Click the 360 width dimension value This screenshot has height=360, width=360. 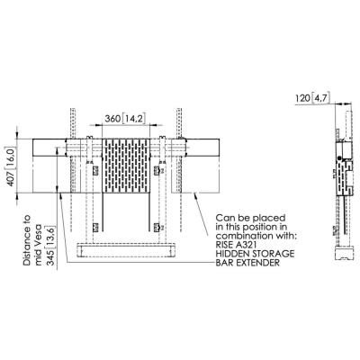pos(112,119)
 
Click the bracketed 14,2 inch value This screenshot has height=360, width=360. pos(134,119)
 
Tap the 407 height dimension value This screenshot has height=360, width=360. pos(11,178)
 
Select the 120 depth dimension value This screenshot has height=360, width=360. pos(303,98)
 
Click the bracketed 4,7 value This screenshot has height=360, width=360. pos(321,98)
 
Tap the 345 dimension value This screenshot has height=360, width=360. pos(51,258)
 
